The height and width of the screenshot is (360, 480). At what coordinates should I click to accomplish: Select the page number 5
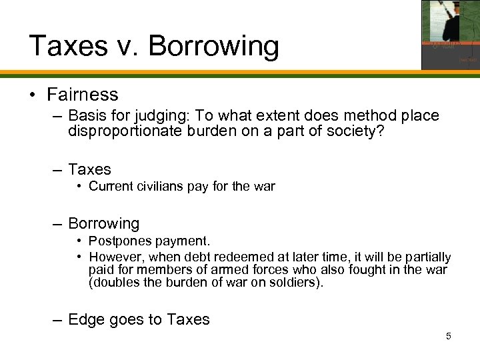click(x=449, y=335)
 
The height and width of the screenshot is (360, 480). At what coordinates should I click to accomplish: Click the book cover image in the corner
click(x=450, y=35)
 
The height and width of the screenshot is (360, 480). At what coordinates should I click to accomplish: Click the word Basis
click(x=85, y=116)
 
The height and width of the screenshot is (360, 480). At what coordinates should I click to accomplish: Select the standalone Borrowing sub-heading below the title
click(x=103, y=223)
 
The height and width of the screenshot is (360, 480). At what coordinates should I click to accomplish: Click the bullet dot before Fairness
click(x=33, y=95)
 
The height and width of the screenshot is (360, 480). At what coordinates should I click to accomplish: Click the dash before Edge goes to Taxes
click(x=57, y=319)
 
